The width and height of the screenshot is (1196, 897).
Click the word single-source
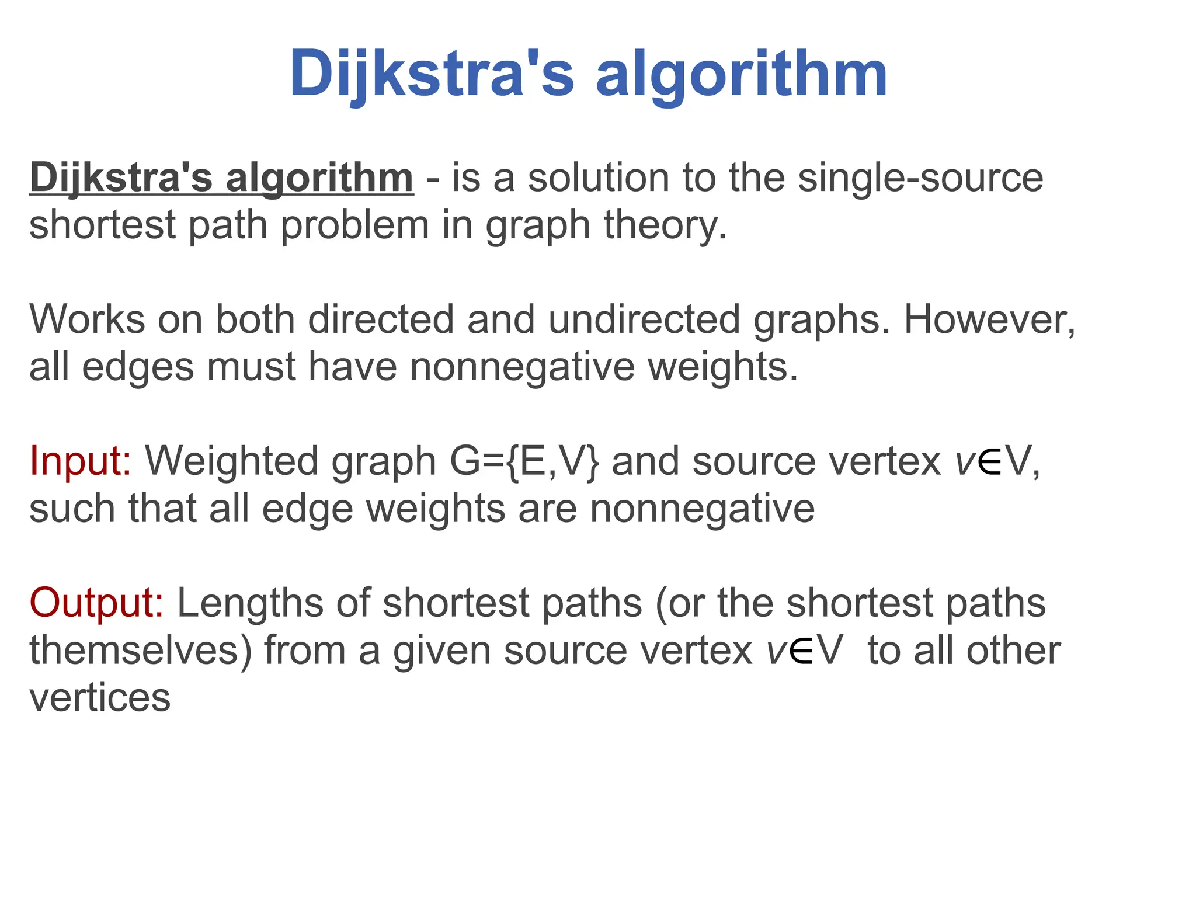pos(920,178)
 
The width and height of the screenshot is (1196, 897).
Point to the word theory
pos(665,225)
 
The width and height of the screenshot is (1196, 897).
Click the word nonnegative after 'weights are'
pos(702,509)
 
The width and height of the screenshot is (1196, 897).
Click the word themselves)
pos(141,650)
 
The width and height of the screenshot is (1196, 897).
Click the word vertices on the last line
pos(100,697)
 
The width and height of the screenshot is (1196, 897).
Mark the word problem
pos(355,225)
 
